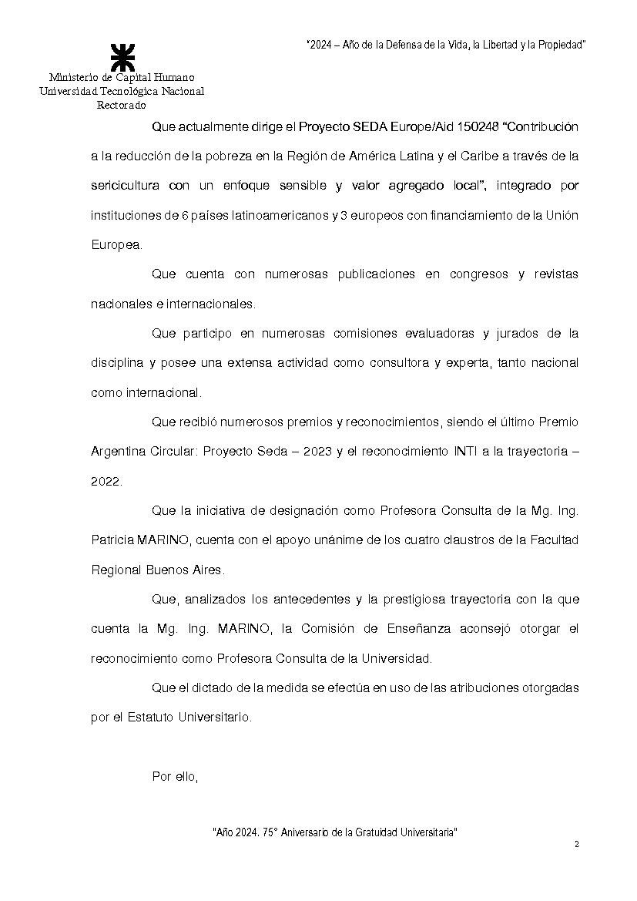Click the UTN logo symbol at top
(x=122, y=58)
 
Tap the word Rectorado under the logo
(x=122, y=105)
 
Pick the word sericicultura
(x=125, y=186)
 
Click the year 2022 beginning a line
(x=106, y=481)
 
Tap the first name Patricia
(x=112, y=540)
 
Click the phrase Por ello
(x=176, y=776)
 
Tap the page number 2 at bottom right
(x=576, y=845)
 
